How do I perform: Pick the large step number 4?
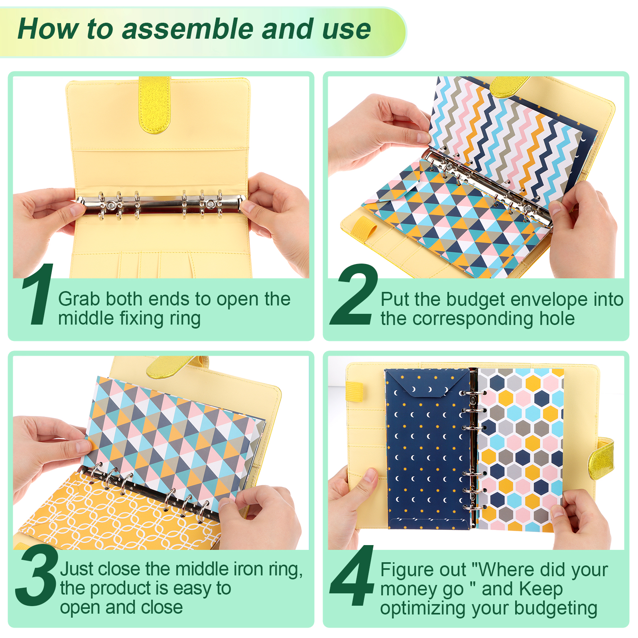pos(352,575)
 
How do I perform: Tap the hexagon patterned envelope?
pos(520,449)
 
